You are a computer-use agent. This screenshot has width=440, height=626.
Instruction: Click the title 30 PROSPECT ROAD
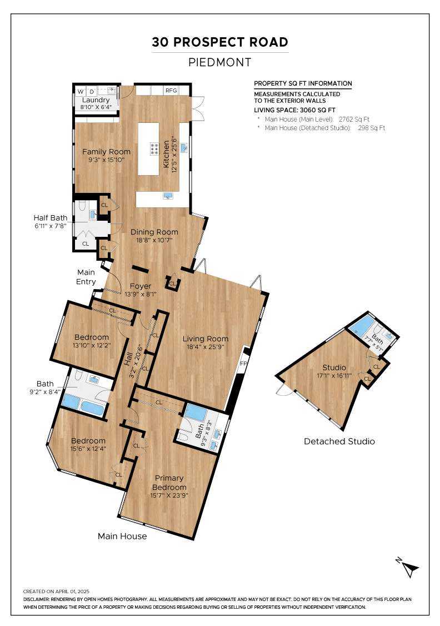pos(220,42)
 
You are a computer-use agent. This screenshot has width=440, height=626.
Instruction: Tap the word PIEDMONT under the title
pos(220,62)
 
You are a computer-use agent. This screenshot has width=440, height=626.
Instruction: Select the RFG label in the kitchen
pos(171,91)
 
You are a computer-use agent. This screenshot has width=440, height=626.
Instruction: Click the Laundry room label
pos(96,100)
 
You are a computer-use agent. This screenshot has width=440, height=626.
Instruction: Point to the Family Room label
pos(106,152)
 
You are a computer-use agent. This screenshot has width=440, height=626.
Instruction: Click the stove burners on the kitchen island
pos(154,148)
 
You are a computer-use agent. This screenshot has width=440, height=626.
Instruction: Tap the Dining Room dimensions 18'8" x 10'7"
pos(154,240)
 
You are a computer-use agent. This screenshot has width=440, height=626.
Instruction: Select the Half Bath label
pos(50,217)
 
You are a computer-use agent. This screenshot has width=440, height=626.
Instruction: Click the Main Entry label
pos(86,277)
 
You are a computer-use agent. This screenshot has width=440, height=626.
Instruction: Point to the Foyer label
pos(141,286)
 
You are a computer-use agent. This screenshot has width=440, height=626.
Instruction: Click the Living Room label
pos(205,339)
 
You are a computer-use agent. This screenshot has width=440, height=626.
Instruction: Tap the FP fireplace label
pos(243,364)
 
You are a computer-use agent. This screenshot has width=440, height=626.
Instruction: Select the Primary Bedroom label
pos(169,483)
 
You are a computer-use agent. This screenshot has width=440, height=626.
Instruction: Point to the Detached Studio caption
pos(339,441)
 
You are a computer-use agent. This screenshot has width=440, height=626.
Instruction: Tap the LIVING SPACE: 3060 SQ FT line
pos(295,110)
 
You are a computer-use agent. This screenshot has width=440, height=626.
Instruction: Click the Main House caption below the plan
pos(122,536)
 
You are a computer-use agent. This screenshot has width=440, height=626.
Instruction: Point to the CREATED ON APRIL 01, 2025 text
pos(56,592)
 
